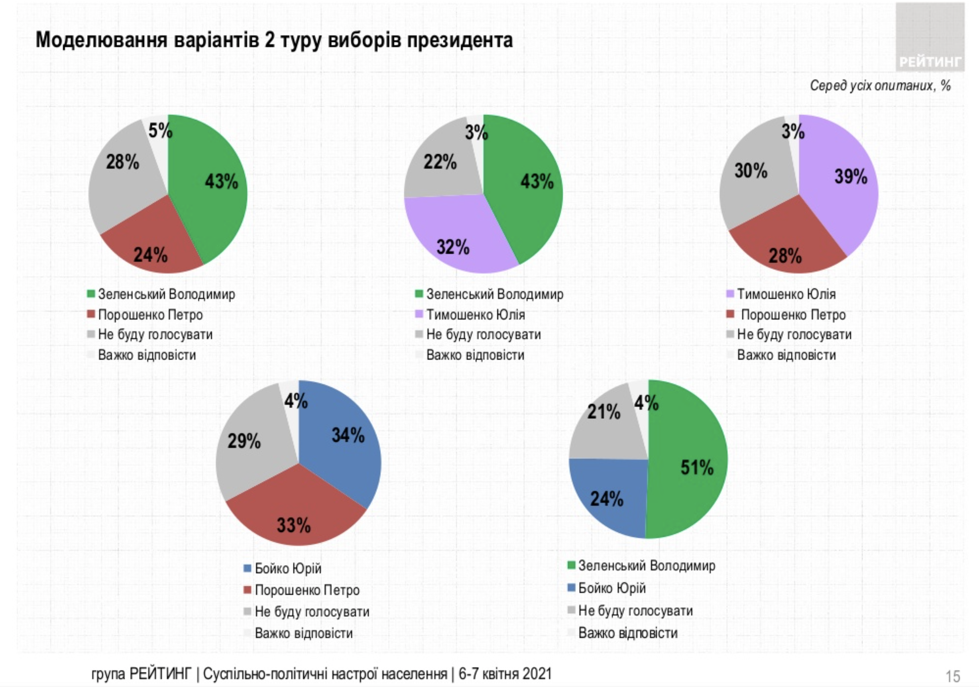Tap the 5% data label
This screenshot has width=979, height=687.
click(x=160, y=130)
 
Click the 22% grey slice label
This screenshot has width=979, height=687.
click(x=440, y=162)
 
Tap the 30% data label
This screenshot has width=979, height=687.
click(x=751, y=171)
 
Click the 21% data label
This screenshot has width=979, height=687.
click(x=604, y=412)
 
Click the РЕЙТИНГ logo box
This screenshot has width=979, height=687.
click(x=930, y=36)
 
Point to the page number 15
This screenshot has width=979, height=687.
click(x=953, y=676)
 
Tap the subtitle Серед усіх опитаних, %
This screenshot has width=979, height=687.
click(x=880, y=86)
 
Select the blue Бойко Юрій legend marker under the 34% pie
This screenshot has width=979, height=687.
click(x=247, y=568)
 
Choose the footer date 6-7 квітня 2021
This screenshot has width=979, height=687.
click(x=505, y=674)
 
